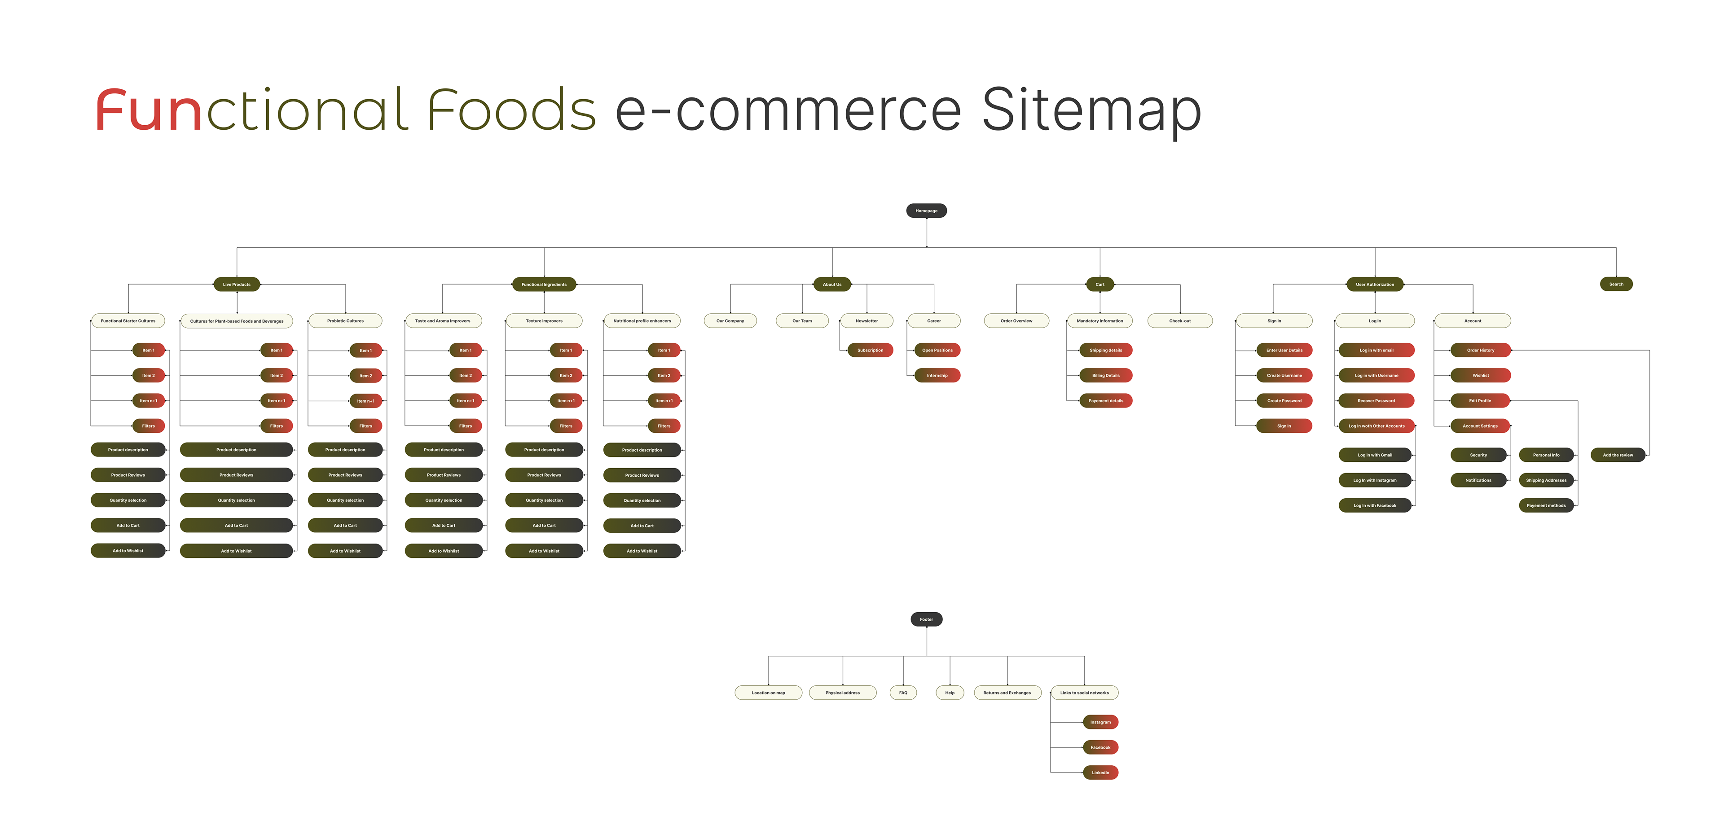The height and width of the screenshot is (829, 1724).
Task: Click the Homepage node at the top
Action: pyautogui.click(x=926, y=211)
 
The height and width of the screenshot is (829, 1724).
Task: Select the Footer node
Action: pyautogui.click(x=926, y=619)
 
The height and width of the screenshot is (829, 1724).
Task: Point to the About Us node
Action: pyautogui.click(x=832, y=285)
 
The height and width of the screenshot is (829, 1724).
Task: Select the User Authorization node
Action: pyautogui.click(x=1375, y=285)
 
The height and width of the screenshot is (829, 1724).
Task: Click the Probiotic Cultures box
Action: pyautogui.click(x=345, y=321)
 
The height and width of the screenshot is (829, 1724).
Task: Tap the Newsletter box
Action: pyautogui.click(x=866, y=321)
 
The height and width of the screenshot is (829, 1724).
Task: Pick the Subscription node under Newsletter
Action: pyautogui.click(x=870, y=350)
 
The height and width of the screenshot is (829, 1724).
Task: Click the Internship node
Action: pyautogui.click(x=937, y=375)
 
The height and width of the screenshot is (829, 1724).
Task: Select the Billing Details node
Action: pyautogui.click(x=1106, y=375)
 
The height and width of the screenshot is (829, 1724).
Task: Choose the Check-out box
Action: pyautogui.click(x=1180, y=321)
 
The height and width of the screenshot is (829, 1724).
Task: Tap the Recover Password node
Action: pyautogui.click(x=1376, y=401)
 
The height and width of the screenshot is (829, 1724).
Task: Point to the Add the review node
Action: pyautogui.click(x=1618, y=455)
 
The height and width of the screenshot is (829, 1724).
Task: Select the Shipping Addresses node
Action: pyautogui.click(x=1546, y=480)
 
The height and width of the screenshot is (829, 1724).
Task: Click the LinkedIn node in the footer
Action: pyautogui.click(x=1100, y=773)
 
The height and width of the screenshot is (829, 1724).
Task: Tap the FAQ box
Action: pyautogui.click(x=903, y=693)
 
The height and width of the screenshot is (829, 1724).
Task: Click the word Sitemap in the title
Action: pyautogui.click(x=1091, y=110)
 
